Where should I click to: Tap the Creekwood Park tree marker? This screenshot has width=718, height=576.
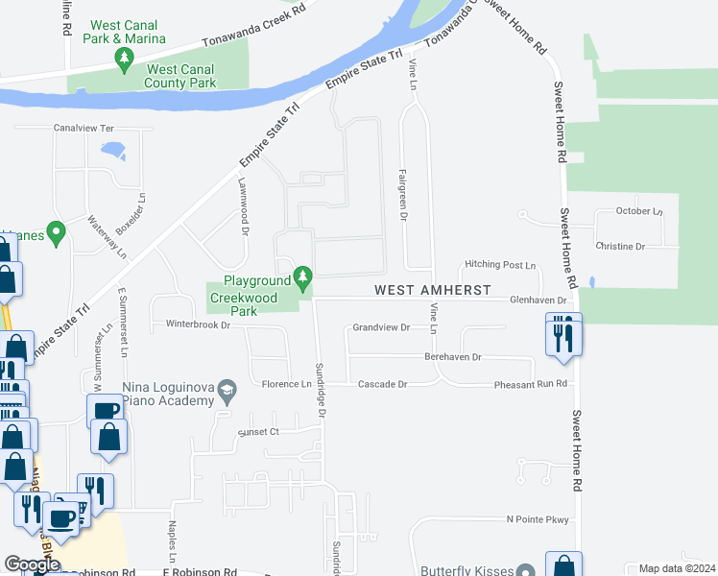pyautogui.click(x=303, y=279)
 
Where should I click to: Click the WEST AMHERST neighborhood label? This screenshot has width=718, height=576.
pyautogui.click(x=432, y=289)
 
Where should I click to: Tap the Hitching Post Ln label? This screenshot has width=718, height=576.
pyautogui.click(x=499, y=265)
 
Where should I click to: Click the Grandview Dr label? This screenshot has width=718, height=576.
pyautogui.click(x=381, y=327)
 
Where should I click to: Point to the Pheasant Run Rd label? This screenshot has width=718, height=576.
pyautogui.click(x=531, y=384)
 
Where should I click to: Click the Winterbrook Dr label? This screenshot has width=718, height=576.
pyautogui.click(x=199, y=325)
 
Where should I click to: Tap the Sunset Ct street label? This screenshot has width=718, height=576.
pyautogui.click(x=258, y=432)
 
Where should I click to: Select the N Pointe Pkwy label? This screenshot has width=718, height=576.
pyautogui.click(x=538, y=519)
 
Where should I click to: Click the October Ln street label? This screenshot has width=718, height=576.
pyautogui.click(x=639, y=211)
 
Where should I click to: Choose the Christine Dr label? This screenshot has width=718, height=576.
pyautogui.click(x=620, y=247)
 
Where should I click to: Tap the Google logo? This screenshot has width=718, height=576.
pyautogui.click(x=32, y=564)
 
